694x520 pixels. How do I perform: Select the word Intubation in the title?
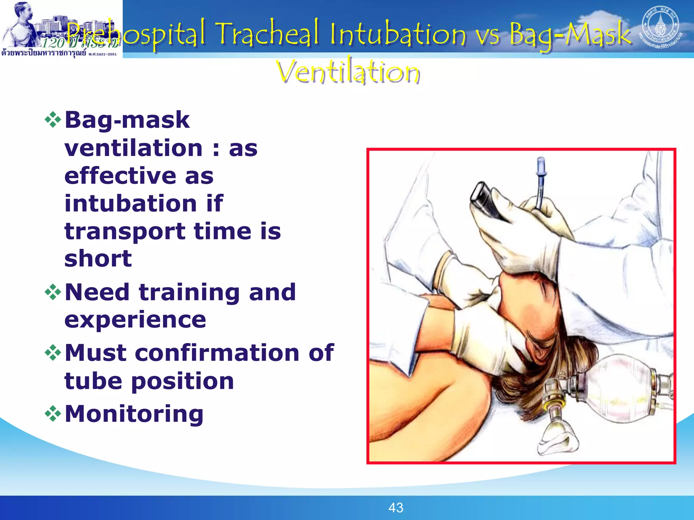[x=398, y=34]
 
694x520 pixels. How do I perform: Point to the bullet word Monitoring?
[x=134, y=414]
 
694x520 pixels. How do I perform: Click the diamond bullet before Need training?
[x=53, y=292]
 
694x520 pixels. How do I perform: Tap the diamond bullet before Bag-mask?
[x=53, y=120]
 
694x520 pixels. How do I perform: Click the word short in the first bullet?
[x=98, y=259]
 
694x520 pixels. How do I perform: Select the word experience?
[x=135, y=320]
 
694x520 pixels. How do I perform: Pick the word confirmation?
[x=217, y=353]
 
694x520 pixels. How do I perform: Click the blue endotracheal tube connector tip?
[x=541, y=166]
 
